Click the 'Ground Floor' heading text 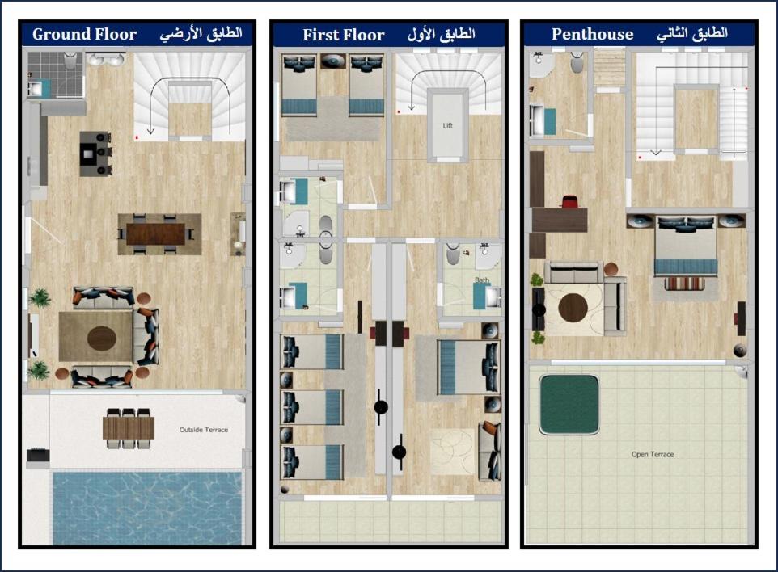(x=84, y=34)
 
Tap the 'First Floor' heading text (x=344, y=35)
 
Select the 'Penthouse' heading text (x=593, y=34)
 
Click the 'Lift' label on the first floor (x=447, y=126)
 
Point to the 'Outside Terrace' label (x=204, y=430)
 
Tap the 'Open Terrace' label (x=653, y=454)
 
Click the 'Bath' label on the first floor (x=482, y=280)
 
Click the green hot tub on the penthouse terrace (x=569, y=405)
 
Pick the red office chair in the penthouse (x=569, y=202)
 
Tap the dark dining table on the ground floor (x=156, y=234)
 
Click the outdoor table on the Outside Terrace (x=129, y=428)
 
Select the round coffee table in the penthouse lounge (x=573, y=307)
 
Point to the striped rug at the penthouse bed (x=685, y=284)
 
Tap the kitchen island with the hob (x=95, y=154)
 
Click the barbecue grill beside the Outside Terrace (x=38, y=455)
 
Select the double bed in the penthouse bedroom (x=686, y=246)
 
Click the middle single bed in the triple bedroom (x=312, y=407)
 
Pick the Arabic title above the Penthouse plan (x=692, y=34)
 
